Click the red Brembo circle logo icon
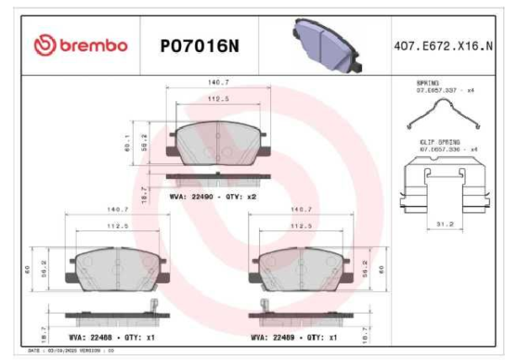41,45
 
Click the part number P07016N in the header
199,45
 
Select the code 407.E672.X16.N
443,45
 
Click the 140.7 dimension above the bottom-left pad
116,209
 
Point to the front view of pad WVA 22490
218,142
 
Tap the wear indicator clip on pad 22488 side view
153,305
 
